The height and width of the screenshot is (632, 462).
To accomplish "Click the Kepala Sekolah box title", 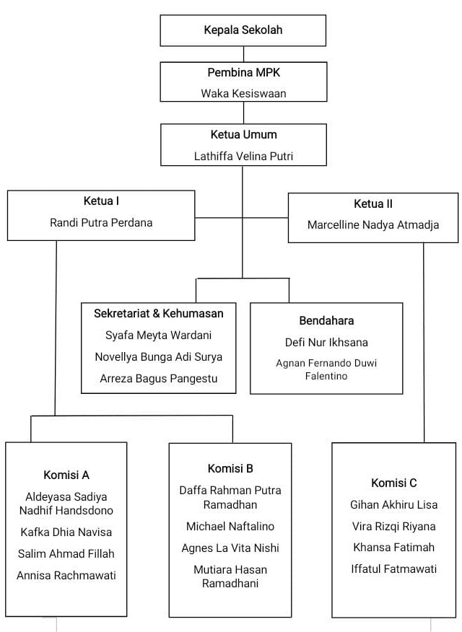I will tap(243, 30).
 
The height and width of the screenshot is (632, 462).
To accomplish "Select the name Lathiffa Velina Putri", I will tap(243, 156).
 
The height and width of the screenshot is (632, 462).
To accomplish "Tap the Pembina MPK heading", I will tap(243, 73).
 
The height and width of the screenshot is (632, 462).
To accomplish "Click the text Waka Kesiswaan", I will tap(243, 93).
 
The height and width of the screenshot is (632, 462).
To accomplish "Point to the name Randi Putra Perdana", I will tap(101, 222).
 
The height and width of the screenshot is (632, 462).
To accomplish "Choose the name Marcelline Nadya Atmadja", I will tap(373, 224).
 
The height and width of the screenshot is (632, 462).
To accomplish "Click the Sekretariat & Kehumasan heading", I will tap(159, 313).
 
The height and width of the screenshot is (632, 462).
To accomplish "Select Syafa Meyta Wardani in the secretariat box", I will tap(159, 335).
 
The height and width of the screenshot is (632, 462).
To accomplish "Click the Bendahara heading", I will tap(326, 320).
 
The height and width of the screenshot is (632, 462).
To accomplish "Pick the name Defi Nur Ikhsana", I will tap(326, 342).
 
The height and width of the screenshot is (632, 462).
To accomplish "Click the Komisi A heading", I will tap(66, 475).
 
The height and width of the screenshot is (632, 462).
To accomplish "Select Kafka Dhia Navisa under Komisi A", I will tap(66, 532).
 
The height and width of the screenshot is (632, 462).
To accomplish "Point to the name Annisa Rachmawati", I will tap(66, 576).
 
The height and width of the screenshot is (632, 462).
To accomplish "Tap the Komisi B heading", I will tap(230, 468).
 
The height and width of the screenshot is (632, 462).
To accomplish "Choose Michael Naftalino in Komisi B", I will tap(230, 526).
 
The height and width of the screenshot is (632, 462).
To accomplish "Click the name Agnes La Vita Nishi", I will tap(230, 548).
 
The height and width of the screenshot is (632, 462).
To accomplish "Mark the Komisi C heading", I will tap(394, 483).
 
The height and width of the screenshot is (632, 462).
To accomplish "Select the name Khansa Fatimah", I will tap(394, 547).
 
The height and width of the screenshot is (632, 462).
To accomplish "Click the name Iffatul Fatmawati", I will tap(394, 569).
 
